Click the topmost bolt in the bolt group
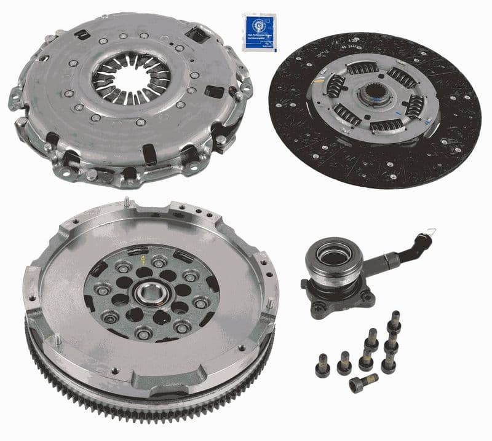(394, 321)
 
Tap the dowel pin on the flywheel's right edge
(270, 303)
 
